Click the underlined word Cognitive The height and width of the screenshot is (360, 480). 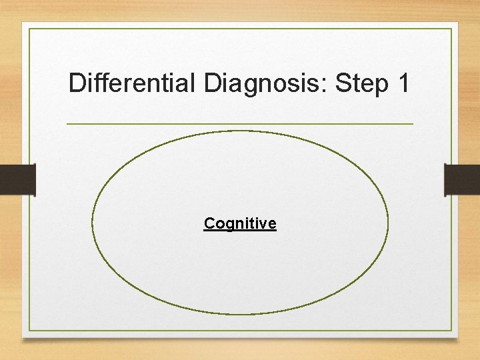click(240, 224)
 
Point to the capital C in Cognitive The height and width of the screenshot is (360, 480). click(209, 223)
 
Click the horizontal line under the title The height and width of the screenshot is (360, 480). click(240, 124)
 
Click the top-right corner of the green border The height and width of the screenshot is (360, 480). click(451, 29)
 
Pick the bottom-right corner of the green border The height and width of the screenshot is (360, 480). click(451, 331)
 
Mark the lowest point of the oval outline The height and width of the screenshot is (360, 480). click(240, 314)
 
